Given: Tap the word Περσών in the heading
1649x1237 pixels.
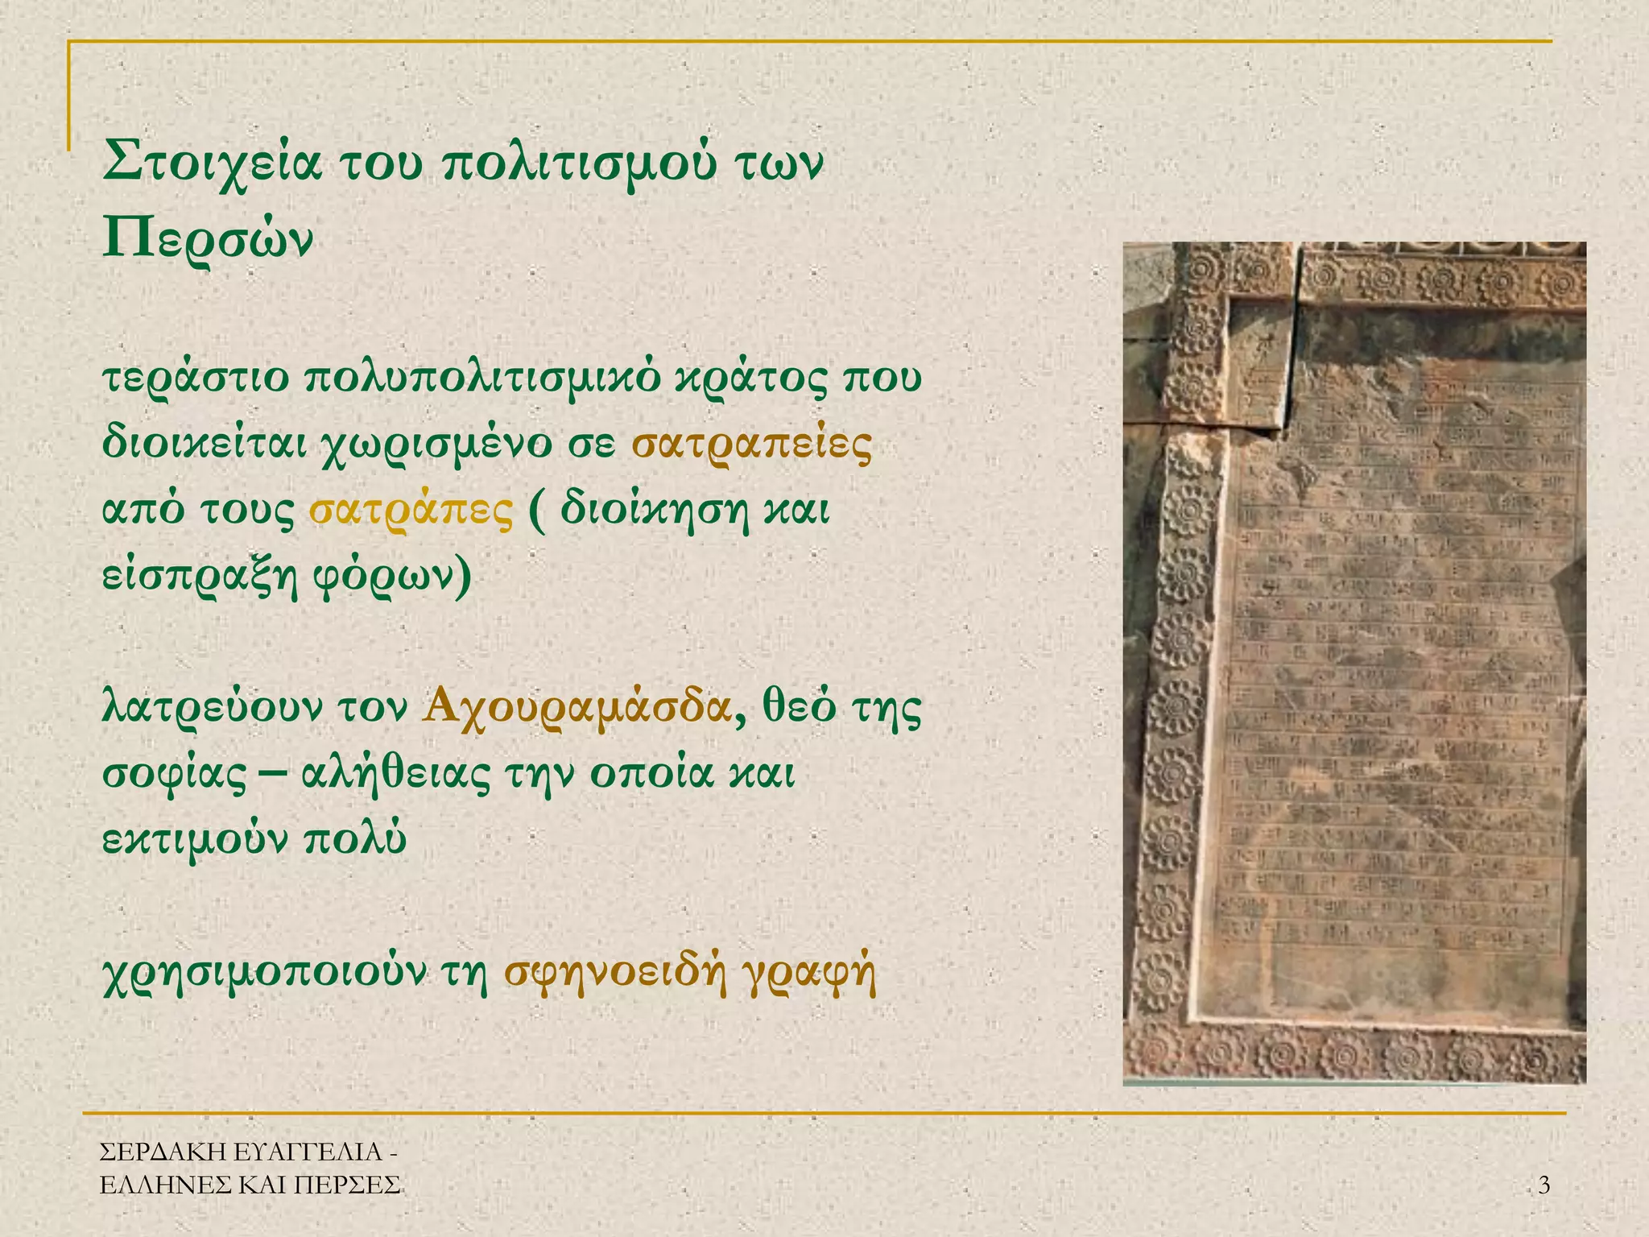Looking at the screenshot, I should click(207, 239).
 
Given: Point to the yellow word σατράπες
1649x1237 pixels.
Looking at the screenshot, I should click(411, 511).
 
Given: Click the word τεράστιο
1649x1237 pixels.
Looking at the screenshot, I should click(196, 379).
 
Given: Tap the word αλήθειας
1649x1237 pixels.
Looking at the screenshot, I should click(395, 775).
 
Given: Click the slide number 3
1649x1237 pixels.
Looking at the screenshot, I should click(1544, 1185).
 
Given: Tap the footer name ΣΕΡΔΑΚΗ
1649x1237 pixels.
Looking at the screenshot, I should click(159, 1152).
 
